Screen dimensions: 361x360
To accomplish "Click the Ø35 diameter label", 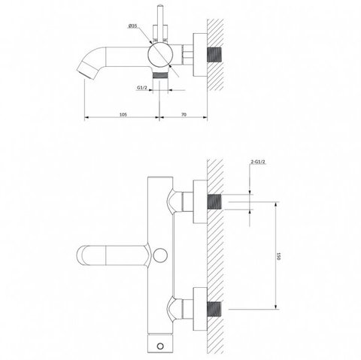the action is tap(132, 26).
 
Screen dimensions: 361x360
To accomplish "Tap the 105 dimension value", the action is tap(123, 114).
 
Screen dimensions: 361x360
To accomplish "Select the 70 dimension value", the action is tap(184, 114).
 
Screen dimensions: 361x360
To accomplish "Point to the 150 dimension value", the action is tap(278, 256).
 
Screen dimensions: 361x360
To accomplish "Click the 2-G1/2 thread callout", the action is tap(258, 162).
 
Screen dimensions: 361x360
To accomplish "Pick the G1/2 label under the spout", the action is tap(142, 87).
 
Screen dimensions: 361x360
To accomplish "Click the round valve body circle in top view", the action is tap(159, 55).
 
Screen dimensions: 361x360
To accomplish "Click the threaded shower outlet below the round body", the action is tap(160, 75).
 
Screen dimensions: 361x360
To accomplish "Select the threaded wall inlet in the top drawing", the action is tap(214, 55).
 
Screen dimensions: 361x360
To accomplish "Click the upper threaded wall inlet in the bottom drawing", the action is tap(214, 201).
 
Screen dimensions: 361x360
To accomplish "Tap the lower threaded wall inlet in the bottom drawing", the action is tap(214, 309).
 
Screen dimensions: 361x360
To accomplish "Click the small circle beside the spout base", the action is tap(160, 256).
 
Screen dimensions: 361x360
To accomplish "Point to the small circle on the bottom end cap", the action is tap(160, 346).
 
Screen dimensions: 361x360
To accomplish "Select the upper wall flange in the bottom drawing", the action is tap(200, 201).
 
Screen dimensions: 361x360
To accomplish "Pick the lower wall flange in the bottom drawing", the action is tap(200, 309).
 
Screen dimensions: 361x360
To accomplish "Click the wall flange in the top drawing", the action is tap(200, 55).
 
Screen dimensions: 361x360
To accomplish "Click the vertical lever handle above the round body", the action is tap(159, 24).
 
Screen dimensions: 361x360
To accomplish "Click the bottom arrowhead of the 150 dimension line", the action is tap(275, 307).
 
